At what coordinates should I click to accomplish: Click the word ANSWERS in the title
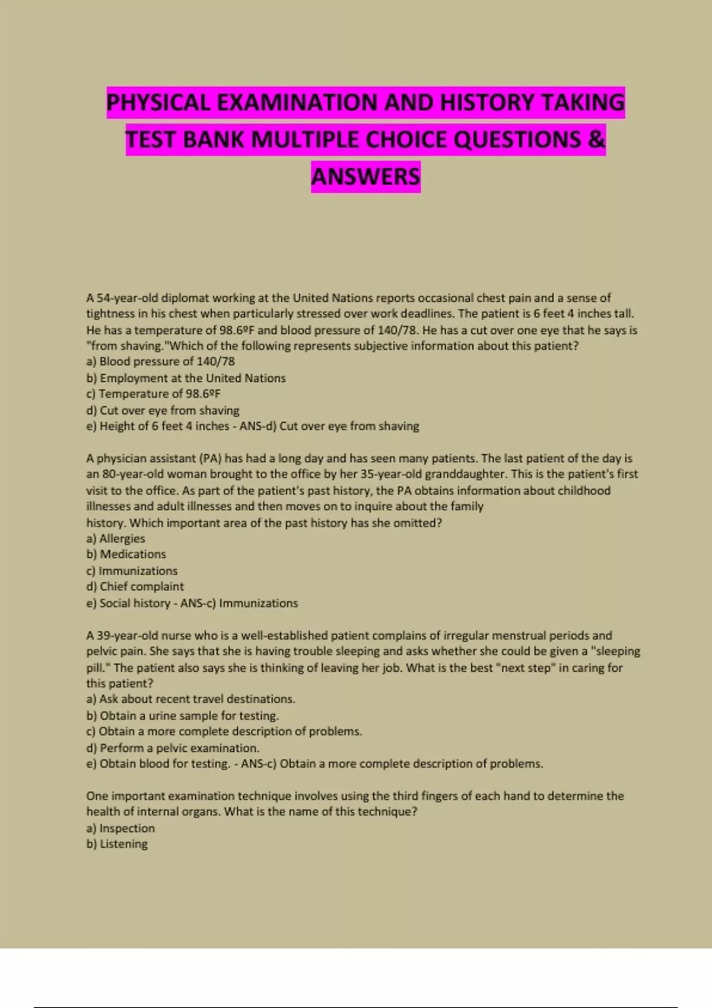pyautogui.click(x=365, y=177)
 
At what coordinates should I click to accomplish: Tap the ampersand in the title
pyautogui.click(x=596, y=140)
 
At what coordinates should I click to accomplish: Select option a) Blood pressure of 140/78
pyautogui.click(x=160, y=361)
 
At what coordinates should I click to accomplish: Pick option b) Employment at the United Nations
pyautogui.click(x=186, y=378)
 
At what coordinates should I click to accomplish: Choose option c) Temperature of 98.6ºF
pyautogui.click(x=153, y=394)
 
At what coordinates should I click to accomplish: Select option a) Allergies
pyautogui.click(x=116, y=538)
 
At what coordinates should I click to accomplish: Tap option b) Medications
pyautogui.click(x=126, y=554)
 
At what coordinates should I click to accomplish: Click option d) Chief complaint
pyautogui.click(x=135, y=586)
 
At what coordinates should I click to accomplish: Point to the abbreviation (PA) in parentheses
pyautogui.click(x=210, y=458)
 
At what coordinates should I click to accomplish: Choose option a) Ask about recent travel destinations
pyautogui.click(x=190, y=699)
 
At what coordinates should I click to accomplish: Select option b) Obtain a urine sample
pyautogui.click(x=183, y=716)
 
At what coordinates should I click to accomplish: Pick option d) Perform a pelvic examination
pyautogui.click(x=173, y=748)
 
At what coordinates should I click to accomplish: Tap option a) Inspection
pyautogui.click(x=120, y=828)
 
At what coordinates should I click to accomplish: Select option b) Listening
pyautogui.click(x=117, y=844)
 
